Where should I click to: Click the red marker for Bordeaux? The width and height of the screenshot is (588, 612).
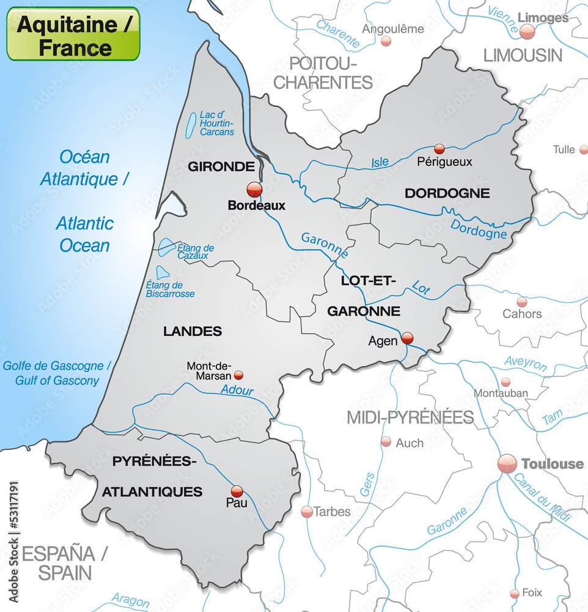tap(254, 189)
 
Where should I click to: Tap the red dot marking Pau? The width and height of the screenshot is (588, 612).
tap(237, 491)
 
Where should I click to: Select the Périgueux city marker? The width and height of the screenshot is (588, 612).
tap(439, 149)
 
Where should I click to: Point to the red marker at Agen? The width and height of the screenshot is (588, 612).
tap(407, 337)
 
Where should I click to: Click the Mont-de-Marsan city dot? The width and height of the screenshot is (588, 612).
tap(238, 375)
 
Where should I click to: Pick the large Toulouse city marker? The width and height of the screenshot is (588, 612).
tap(507, 463)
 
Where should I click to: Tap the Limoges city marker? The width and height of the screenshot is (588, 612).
tap(527, 32)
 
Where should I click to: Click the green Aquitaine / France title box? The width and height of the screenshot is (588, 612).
tap(73, 34)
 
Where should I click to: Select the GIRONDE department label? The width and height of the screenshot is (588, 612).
tap(221, 166)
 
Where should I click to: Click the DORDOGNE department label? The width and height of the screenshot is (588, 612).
tap(447, 193)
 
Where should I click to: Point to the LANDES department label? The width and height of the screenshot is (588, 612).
tap(193, 331)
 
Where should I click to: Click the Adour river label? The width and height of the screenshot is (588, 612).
tap(237, 390)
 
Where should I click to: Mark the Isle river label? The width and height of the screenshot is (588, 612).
tap(380, 162)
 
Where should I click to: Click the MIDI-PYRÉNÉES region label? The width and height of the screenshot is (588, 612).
tap(410, 417)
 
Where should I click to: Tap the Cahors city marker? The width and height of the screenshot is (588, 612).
tap(522, 302)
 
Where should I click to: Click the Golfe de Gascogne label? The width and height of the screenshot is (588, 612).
tap(57, 366)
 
